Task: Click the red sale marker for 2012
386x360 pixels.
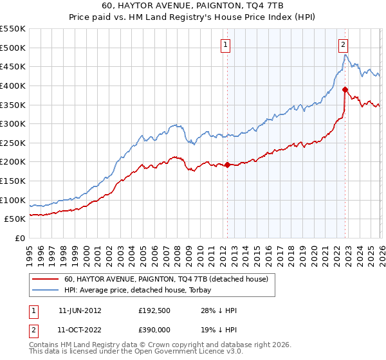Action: tap(227, 165)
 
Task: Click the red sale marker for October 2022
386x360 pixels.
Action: tap(345, 89)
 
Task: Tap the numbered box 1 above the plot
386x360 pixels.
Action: tap(226, 44)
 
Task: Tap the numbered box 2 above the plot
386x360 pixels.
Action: tap(344, 44)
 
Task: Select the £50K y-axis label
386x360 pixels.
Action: tap(14, 219)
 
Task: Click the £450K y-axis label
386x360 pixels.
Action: tap(12, 66)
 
